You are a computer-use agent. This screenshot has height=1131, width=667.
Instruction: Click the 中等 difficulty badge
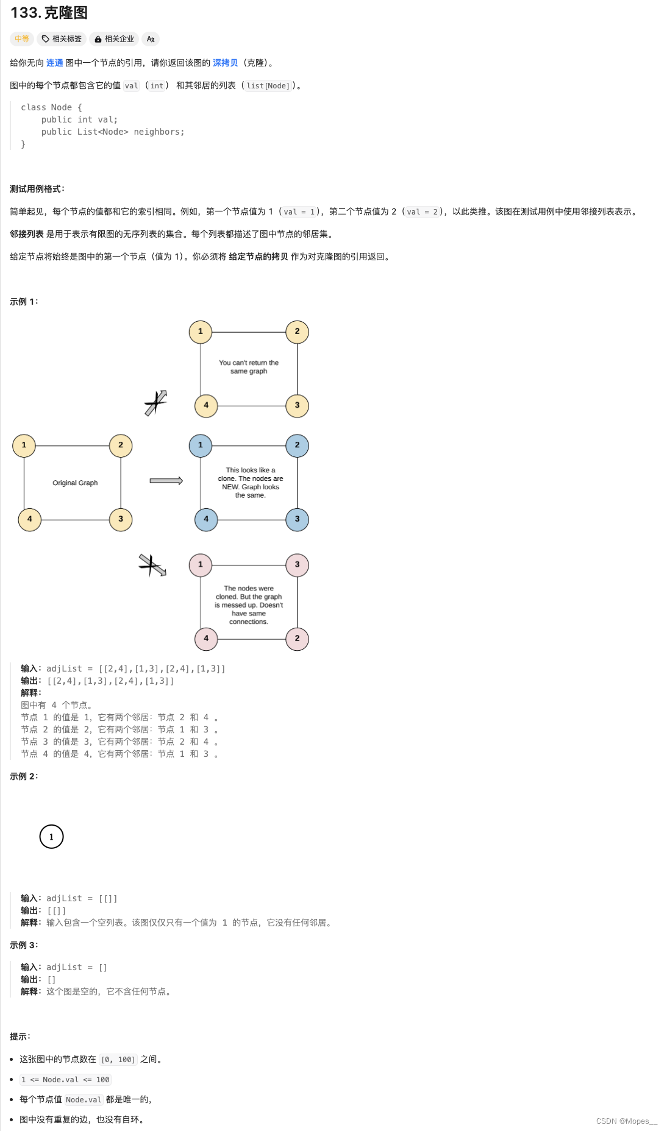click(x=22, y=39)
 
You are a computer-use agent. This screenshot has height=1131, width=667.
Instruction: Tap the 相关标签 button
click(x=62, y=39)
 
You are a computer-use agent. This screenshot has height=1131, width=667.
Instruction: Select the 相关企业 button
click(x=114, y=39)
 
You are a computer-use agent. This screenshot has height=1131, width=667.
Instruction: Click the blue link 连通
click(x=54, y=63)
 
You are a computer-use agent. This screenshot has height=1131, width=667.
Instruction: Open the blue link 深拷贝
click(x=225, y=63)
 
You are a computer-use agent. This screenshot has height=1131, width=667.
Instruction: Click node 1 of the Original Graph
click(x=24, y=445)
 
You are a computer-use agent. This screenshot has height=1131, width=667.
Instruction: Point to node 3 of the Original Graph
click(x=121, y=519)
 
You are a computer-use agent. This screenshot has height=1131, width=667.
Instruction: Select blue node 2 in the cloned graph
click(x=297, y=445)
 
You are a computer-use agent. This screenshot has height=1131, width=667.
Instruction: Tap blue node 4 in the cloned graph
click(x=206, y=519)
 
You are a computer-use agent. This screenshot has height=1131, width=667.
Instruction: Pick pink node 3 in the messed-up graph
click(x=297, y=565)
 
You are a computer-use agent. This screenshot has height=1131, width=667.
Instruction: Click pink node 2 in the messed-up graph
click(x=297, y=639)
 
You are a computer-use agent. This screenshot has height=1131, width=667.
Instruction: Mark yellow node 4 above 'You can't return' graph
click(x=206, y=405)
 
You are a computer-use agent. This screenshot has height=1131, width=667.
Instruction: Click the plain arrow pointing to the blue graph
click(x=166, y=481)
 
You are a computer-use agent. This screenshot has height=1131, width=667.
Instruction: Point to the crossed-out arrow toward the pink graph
click(x=152, y=565)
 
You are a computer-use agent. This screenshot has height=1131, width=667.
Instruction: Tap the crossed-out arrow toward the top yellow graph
click(x=156, y=403)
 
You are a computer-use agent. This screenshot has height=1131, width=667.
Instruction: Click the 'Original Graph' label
click(x=75, y=483)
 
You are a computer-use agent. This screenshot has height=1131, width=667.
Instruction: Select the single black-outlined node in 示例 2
click(x=51, y=837)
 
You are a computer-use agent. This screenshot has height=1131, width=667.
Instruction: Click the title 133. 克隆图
click(x=49, y=13)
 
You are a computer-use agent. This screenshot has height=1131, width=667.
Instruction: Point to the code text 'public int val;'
click(x=79, y=119)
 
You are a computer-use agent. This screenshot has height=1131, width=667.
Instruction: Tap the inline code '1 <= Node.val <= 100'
click(x=65, y=1079)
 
